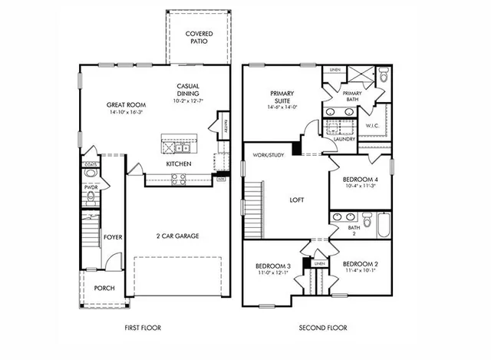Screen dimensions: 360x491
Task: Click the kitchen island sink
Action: click(181, 147)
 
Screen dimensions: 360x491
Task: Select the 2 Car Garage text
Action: click(177, 236)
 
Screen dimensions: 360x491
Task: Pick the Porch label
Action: click(104, 289)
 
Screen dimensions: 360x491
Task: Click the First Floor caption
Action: click(143, 328)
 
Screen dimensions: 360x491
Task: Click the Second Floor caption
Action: click(323, 328)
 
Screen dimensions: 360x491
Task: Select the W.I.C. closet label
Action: click(372, 126)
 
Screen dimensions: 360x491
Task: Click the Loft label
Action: click(296, 200)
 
